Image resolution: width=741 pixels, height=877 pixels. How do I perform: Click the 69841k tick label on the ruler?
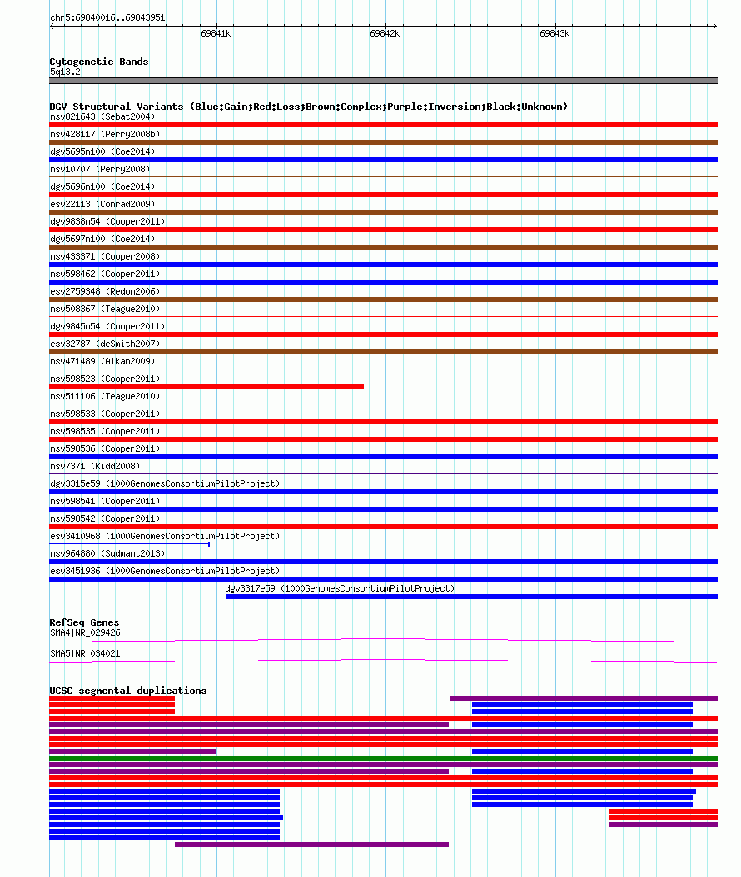pyautogui.click(x=216, y=33)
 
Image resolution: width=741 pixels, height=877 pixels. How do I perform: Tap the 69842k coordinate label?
pyautogui.click(x=385, y=33)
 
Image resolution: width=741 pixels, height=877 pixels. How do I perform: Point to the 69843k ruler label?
pyautogui.click(x=554, y=33)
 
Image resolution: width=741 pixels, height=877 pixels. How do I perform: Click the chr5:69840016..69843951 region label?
pyautogui.click(x=107, y=18)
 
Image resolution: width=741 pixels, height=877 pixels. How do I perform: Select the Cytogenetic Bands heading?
pyautogui.click(x=99, y=62)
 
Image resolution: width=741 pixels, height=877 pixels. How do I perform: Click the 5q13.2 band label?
pyautogui.click(x=65, y=72)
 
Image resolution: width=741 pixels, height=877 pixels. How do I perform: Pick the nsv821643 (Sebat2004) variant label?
pyautogui.click(x=102, y=116)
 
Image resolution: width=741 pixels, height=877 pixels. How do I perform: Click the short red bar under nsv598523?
pyautogui.click(x=206, y=387)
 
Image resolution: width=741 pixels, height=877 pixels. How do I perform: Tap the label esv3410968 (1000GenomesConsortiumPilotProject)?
pyautogui.click(x=165, y=536)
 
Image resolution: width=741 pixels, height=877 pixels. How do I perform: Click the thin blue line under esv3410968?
pyautogui.click(x=129, y=543)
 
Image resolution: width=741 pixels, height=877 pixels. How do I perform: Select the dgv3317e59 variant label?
pyautogui.click(x=340, y=588)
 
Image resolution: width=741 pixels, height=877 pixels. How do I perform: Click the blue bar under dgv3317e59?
pyautogui.click(x=471, y=597)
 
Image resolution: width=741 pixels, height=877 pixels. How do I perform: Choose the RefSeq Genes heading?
pyautogui.click(x=84, y=622)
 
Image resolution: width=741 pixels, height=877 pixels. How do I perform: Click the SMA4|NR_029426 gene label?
pyautogui.click(x=85, y=632)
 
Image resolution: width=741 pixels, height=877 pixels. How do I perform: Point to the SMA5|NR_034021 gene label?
pyautogui.click(x=85, y=653)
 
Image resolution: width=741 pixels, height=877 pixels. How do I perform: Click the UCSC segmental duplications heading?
pyautogui.click(x=127, y=691)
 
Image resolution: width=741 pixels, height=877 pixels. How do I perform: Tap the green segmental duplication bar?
pyautogui.click(x=383, y=758)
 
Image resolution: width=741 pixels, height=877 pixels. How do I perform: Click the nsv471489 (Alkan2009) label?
pyautogui.click(x=102, y=361)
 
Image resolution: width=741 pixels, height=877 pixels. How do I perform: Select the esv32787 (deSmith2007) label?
pyautogui.click(x=105, y=344)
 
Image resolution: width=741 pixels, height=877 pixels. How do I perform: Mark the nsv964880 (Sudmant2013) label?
pyautogui.click(x=107, y=553)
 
